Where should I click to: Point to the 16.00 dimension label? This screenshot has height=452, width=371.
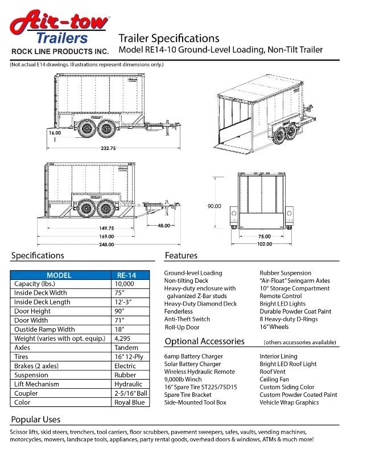(55, 132)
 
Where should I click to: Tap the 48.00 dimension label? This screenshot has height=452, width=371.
(164, 225)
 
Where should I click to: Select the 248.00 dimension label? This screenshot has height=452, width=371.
(106, 244)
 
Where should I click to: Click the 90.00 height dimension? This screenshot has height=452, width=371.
(215, 206)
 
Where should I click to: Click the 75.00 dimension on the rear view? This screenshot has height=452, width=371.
(264, 236)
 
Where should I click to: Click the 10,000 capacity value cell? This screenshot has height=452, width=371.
(125, 283)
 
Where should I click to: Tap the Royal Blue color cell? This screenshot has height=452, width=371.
(130, 402)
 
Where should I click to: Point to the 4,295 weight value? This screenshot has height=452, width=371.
(123, 339)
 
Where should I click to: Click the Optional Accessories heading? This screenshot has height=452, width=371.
(204, 341)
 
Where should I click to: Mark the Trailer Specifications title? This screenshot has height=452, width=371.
(168, 38)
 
